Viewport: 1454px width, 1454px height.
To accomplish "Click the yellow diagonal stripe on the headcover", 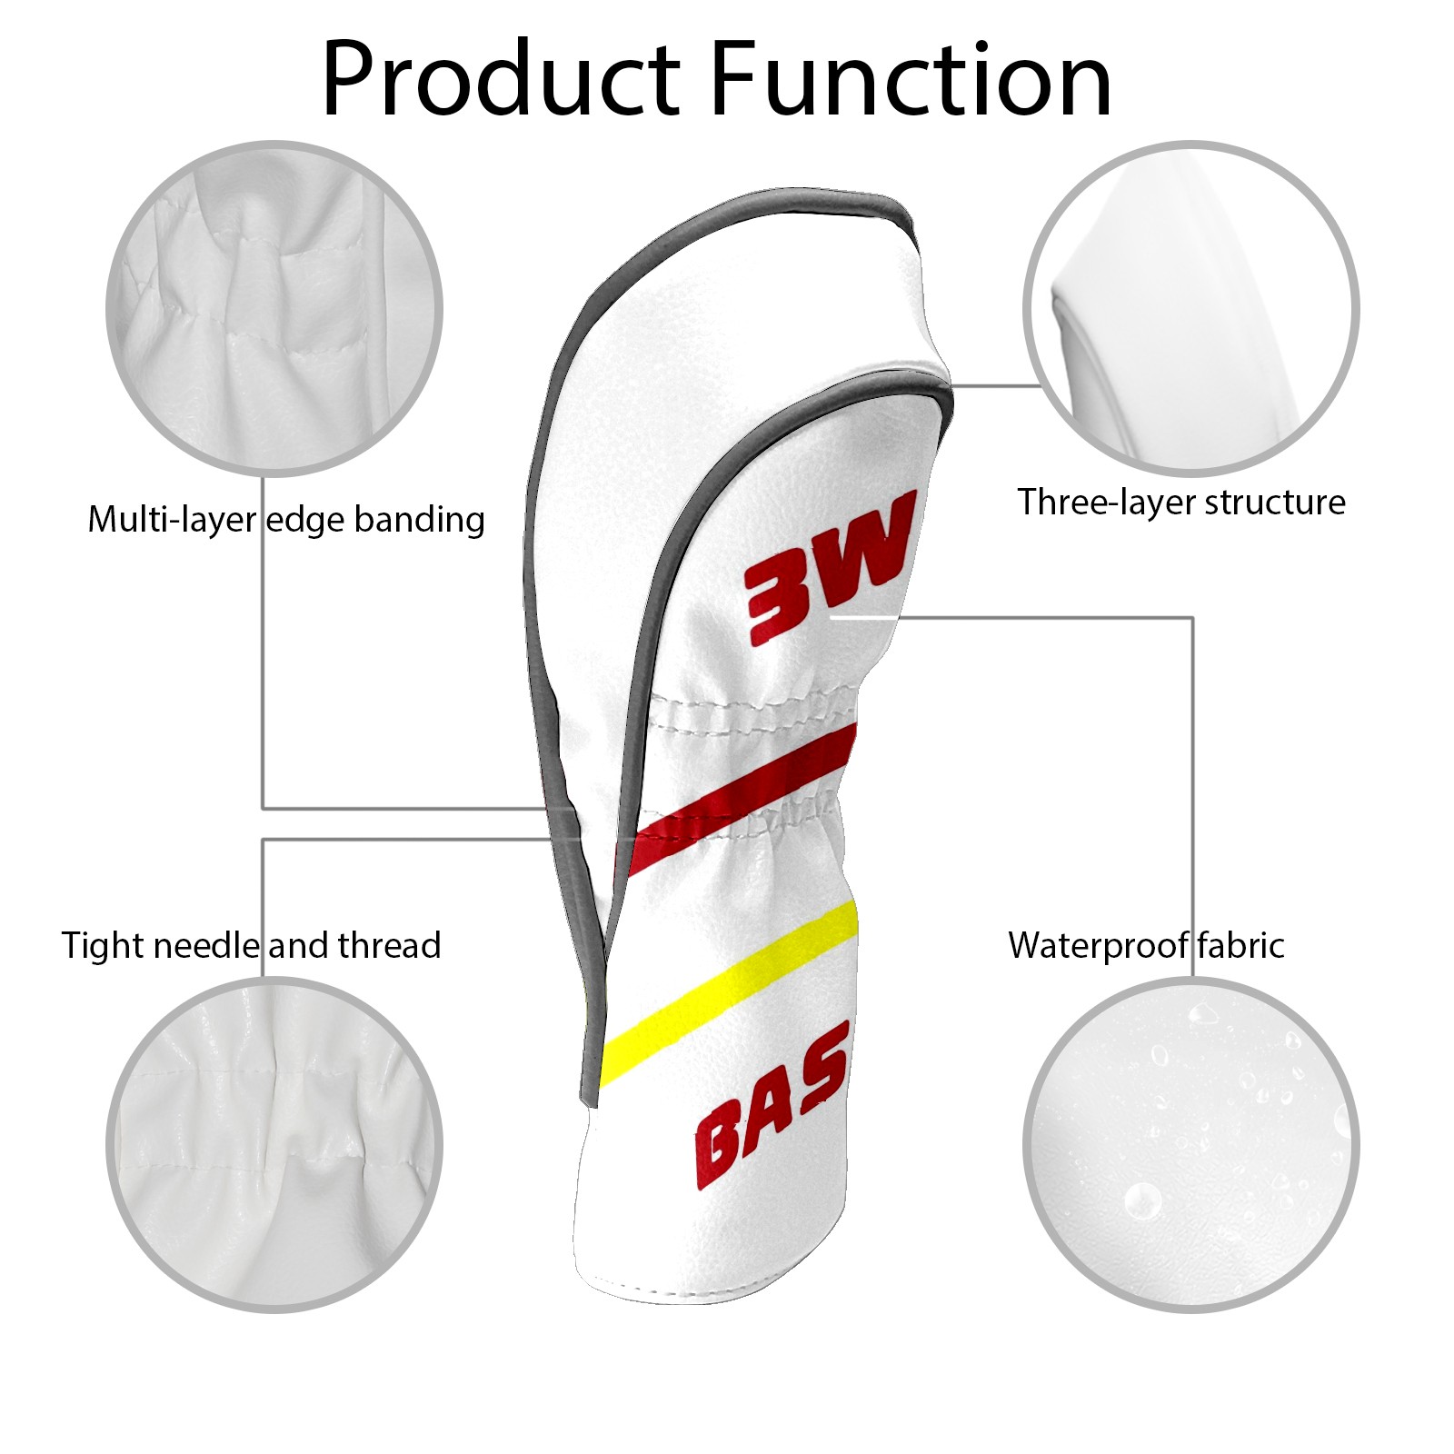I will coord(736,987).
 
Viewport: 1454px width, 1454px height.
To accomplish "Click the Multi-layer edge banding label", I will coord(286,520).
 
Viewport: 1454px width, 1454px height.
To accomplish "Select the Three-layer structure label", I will coord(1180,502).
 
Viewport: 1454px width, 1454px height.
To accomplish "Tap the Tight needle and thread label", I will coord(251,945).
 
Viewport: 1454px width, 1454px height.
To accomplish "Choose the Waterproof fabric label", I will coord(1146,945).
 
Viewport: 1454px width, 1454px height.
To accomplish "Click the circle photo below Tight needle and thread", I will coord(274,1145).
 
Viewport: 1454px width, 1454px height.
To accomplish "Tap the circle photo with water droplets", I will coord(1190,1145).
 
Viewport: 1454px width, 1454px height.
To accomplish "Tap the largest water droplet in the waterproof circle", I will coord(1141,1201).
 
